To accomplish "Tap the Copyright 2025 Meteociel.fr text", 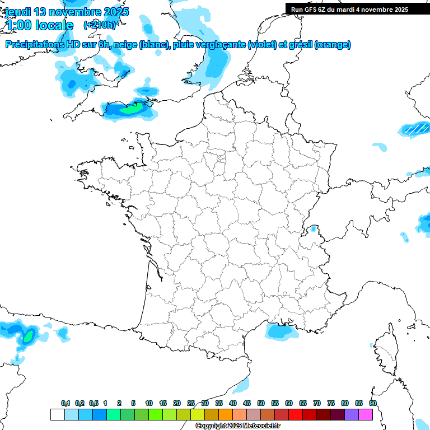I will coord(237,426).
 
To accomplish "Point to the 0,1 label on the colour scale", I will coord(66,404).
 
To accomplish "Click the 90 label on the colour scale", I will coord(373,404).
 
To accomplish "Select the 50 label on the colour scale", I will coord(261,404).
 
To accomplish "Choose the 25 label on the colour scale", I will coord(191,404).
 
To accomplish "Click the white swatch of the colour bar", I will coord(57,414).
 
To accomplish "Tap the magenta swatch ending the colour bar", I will coord(366,414).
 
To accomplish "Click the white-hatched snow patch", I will coord(415,129).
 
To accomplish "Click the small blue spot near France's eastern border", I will coord(314,228).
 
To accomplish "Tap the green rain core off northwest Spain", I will coord(27,337).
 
